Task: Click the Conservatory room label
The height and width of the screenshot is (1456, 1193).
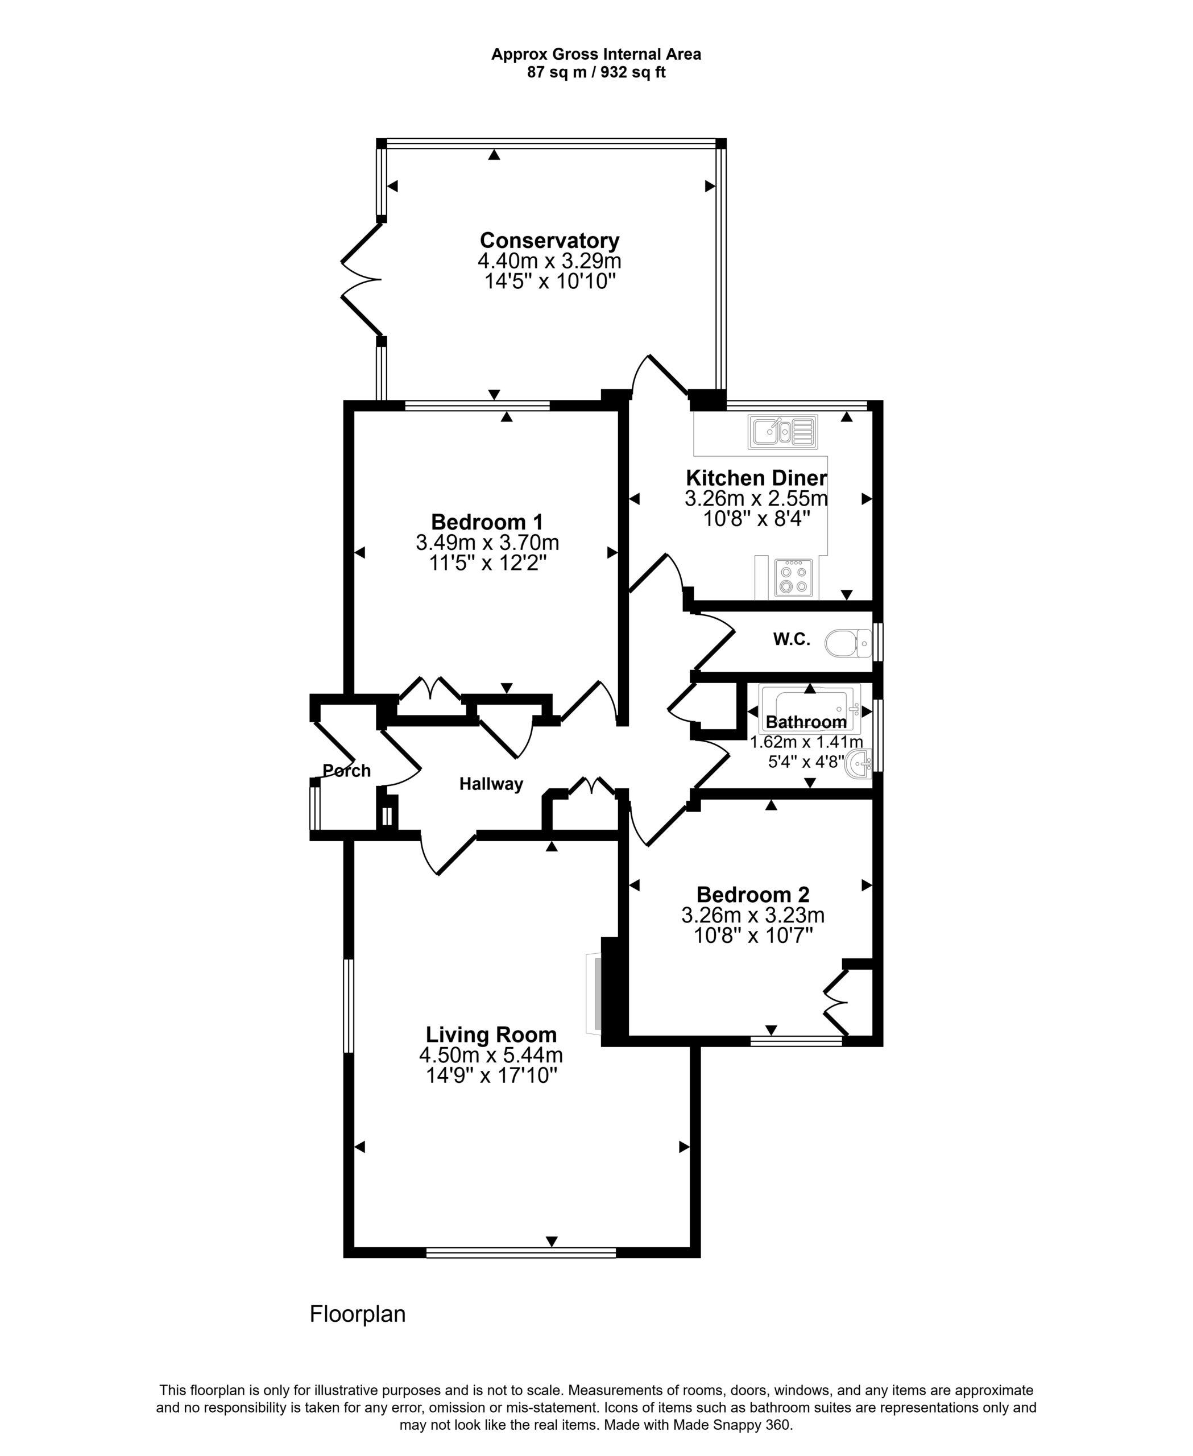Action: pyautogui.click(x=549, y=241)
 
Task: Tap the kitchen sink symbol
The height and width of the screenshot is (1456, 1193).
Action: pyautogui.click(x=784, y=432)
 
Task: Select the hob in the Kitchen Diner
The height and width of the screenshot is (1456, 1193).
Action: pyautogui.click(x=793, y=577)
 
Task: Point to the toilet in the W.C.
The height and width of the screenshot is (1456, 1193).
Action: pyautogui.click(x=849, y=643)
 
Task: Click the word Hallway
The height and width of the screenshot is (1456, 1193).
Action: pyautogui.click(x=491, y=784)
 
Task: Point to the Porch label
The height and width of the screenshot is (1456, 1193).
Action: pyautogui.click(x=346, y=771)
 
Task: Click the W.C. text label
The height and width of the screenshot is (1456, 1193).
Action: pyautogui.click(x=792, y=639)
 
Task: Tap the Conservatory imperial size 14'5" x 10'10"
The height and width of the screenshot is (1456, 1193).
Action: pyautogui.click(x=549, y=281)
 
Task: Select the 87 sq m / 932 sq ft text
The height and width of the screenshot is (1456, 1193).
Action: pyautogui.click(x=596, y=72)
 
